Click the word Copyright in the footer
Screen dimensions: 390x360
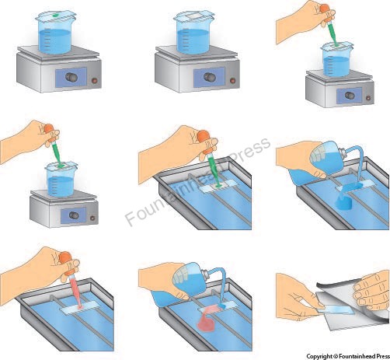(x=319, y=356)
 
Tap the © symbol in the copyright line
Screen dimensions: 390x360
(x=336, y=356)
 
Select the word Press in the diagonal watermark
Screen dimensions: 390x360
(x=249, y=152)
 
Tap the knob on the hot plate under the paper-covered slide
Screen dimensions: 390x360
(x=209, y=77)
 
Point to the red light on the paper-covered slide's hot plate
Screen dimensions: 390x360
(x=233, y=80)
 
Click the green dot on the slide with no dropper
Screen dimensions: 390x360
(x=55, y=16)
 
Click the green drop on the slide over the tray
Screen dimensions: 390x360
(x=218, y=185)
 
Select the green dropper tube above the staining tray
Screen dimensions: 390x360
(x=214, y=169)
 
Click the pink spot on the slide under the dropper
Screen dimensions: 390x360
(x=80, y=307)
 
